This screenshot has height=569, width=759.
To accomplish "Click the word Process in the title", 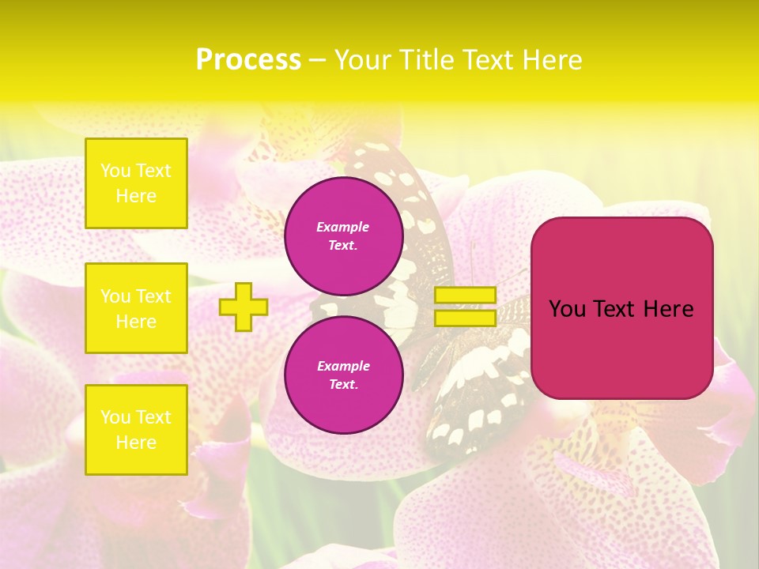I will (x=248, y=60).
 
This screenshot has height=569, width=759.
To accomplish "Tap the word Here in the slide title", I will (x=553, y=60).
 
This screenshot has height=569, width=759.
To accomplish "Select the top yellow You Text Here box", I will (x=136, y=183).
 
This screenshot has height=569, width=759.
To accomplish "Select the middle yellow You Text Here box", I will (x=136, y=308).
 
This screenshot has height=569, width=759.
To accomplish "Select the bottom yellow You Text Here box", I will (x=136, y=429).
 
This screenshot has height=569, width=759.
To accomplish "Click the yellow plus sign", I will (x=244, y=307).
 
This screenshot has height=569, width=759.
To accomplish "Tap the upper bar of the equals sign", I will (x=466, y=295).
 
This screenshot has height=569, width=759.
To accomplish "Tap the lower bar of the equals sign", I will (x=466, y=318).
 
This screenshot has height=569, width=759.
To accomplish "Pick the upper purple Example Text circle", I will (x=343, y=236).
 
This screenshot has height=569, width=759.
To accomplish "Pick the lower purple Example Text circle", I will (x=343, y=375).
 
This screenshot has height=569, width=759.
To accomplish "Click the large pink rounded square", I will (x=621, y=348).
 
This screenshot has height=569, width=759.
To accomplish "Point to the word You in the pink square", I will (x=566, y=309).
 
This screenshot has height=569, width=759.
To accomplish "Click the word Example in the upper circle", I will (x=343, y=227).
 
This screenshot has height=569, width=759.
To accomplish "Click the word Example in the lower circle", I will (x=343, y=366).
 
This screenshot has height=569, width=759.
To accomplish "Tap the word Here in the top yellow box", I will (x=136, y=196).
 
